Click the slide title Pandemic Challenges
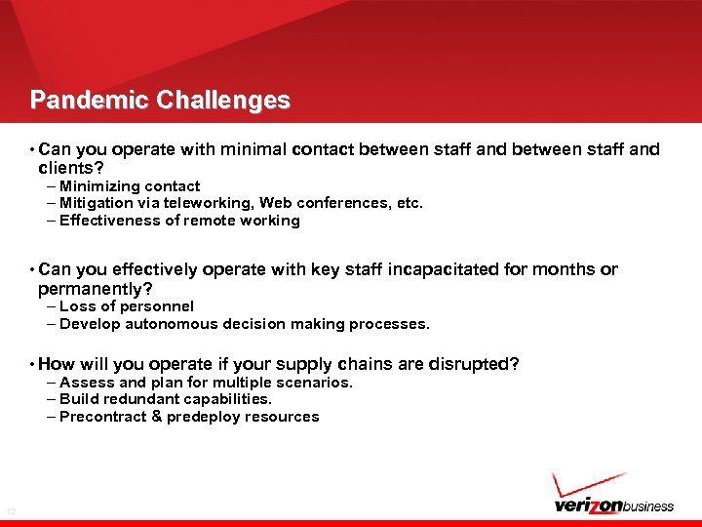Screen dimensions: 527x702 [160, 101]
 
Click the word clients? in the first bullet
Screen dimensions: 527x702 [70, 167]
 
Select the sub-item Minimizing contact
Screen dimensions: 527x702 [130, 185]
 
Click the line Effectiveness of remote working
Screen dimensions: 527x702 [179, 221]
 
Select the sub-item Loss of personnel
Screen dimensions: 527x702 [127, 306]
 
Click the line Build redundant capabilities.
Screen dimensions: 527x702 [166, 399]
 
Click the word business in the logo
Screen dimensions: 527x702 [642, 506]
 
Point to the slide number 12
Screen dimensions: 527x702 [11, 511]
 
